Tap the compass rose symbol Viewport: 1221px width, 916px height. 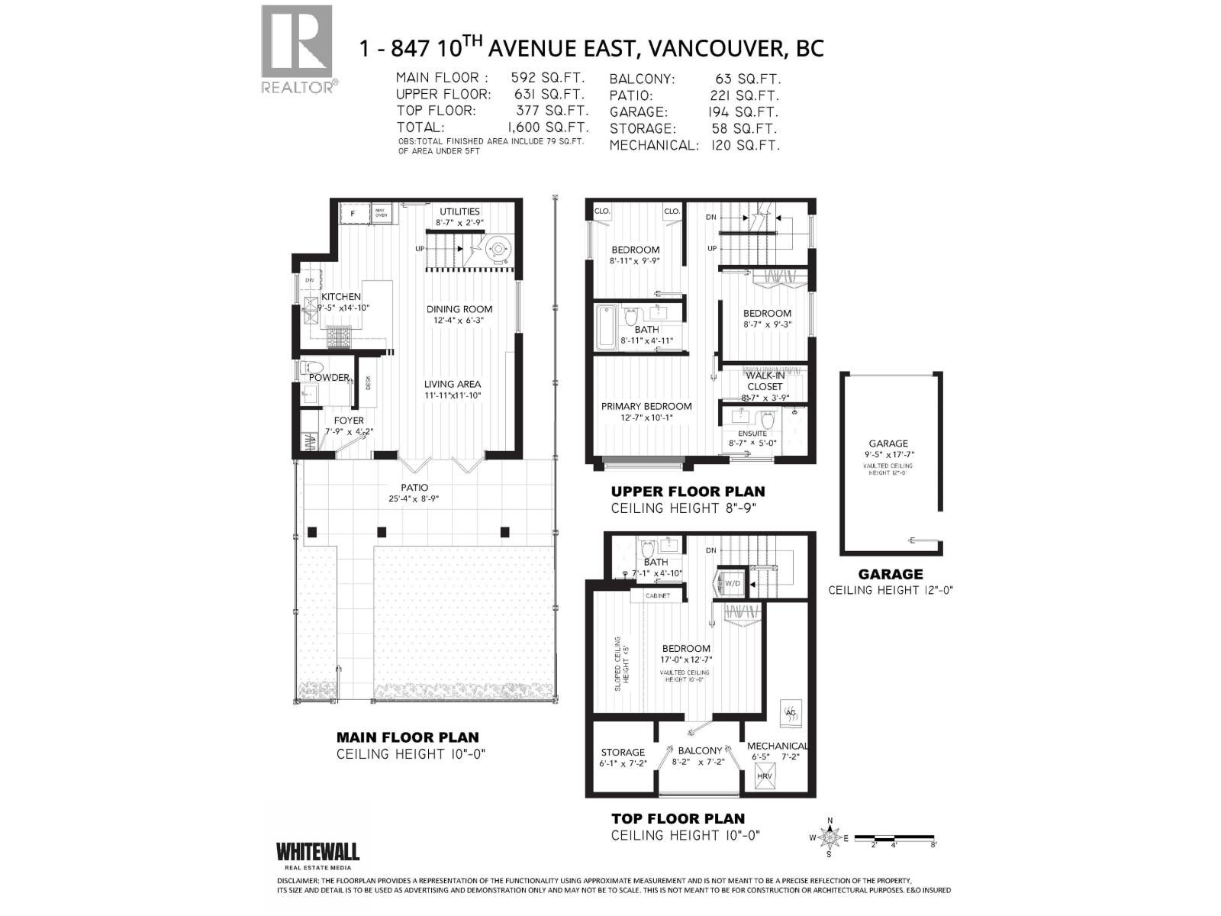pyautogui.click(x=830, y=838)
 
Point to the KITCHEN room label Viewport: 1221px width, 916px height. pyautogui.click(x=340, y=297)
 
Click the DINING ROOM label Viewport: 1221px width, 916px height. pyautogui.click(x=459, y=309)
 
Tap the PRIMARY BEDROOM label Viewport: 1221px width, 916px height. pyautogui.click(x=646, y=406)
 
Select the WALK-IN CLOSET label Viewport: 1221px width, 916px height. pyautogui.click(x=765, y=381)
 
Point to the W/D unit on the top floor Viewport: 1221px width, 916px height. pyautogui.click(x=733, y=582)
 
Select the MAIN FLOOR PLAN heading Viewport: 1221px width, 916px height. pyautogui.click(x=408, y=737)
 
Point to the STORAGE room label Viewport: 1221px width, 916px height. pyautogui.click(x=623, y=752)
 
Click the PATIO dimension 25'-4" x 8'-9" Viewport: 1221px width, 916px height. pyautogui.click(x=414, y=499)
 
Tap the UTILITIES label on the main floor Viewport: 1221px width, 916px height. pyautogui.click(x=459, y=211)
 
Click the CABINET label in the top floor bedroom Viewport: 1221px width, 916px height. pyautogui.click(x=657, y=595)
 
